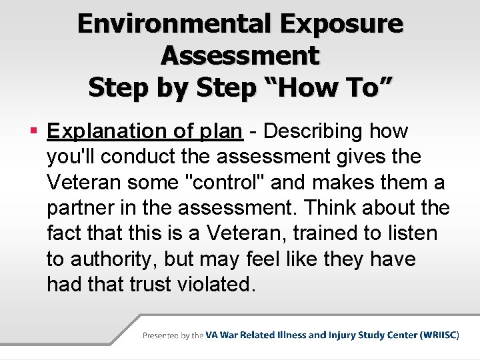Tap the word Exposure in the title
point(342,24)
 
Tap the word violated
point(217,284)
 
